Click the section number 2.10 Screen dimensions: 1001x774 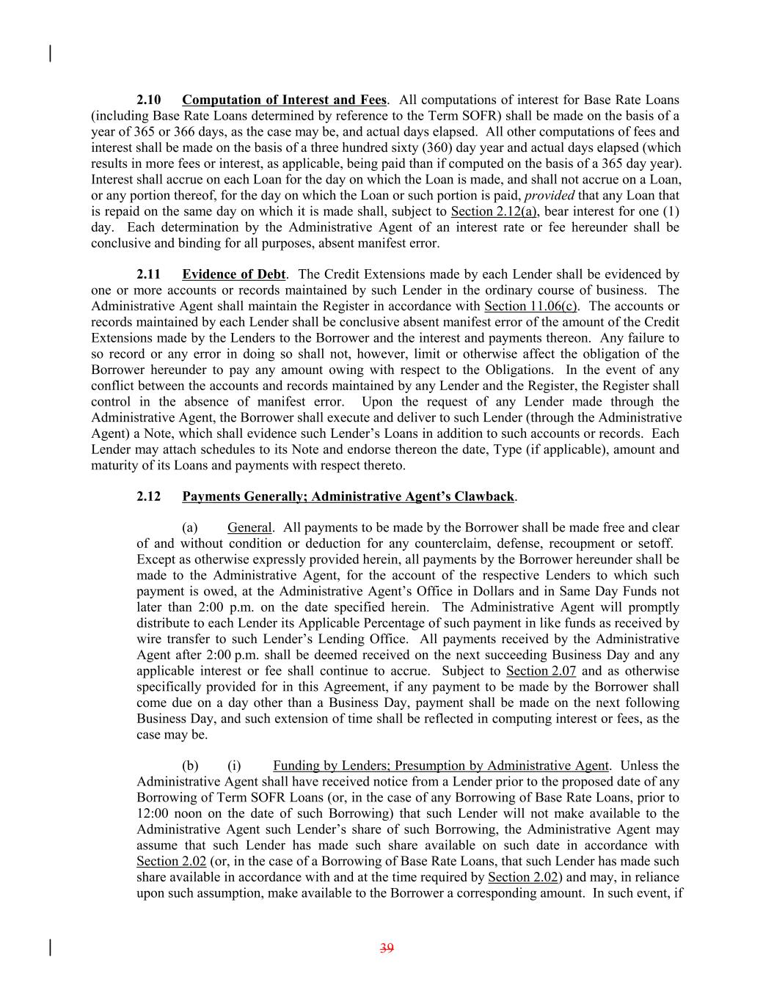pyautogui.click(x=149, y=100)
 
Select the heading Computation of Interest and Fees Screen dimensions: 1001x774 pyautogui.click(x=284, y=100)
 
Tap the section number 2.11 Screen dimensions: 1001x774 pyautogui.click(x=149, y=274)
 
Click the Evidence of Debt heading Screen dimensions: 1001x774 pyautogui.click(x=233, y=274)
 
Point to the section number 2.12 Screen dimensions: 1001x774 pyautogui.click(x=149, y=496)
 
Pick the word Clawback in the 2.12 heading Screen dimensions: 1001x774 pyautogui.click(x=486, y=496)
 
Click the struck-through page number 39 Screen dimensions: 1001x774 pyautogui.click(x=387, y=948)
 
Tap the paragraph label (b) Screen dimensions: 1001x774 pyautogui.click(x=190, y=766)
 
